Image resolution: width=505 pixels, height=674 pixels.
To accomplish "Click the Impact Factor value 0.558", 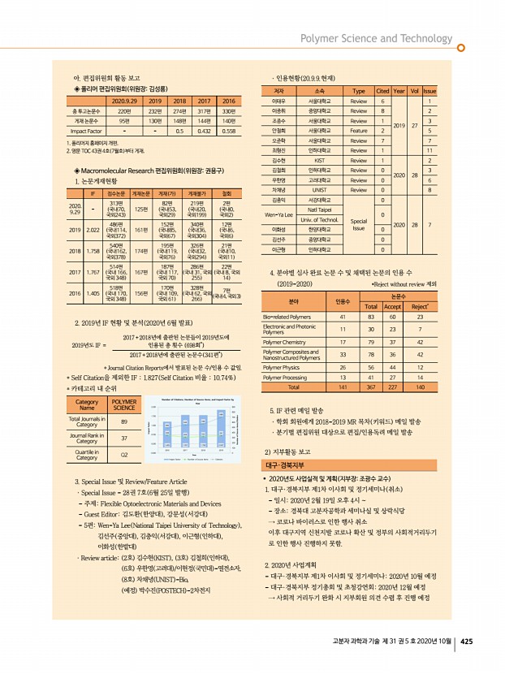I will pos(228,130).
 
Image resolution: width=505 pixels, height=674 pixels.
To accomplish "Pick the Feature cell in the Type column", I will pos(358,130).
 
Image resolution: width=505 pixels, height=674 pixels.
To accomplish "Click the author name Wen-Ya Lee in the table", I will pos(278,215).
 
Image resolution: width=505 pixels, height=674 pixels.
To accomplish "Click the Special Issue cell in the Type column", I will pos(358,224).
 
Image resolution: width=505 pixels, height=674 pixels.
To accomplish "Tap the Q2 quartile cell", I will pos(123,455).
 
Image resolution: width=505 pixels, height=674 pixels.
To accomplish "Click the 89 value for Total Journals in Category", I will pos(123,421).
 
